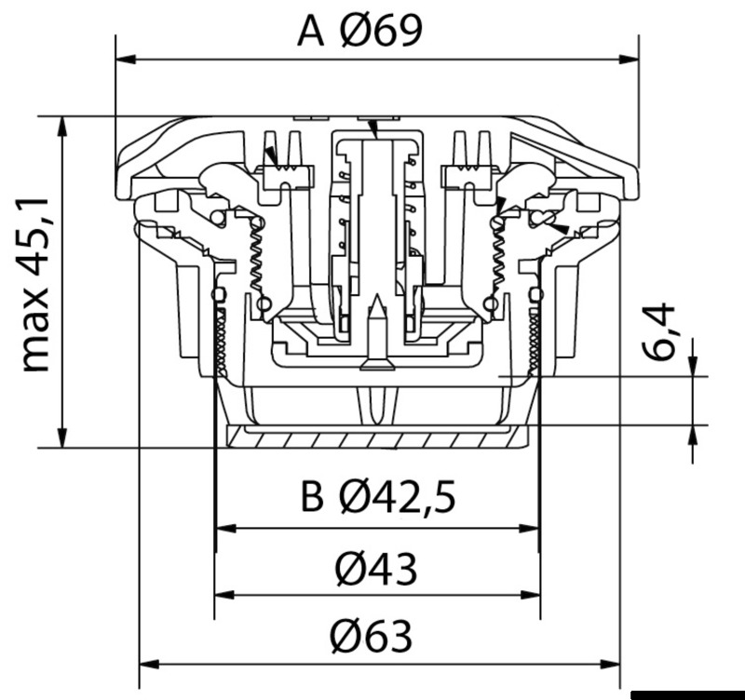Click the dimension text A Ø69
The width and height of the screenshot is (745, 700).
(359, 31)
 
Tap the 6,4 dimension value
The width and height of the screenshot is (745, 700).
(663, 332)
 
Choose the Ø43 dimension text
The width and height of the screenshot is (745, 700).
(376, 568)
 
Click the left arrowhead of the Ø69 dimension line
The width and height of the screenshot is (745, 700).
(123, 60)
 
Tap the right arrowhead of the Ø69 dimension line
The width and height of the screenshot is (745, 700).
(630, 60)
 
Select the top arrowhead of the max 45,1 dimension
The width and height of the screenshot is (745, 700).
(62, 125)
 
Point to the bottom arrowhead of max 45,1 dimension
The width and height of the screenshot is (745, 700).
(62, 439)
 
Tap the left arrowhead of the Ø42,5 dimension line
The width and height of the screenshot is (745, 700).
(224, 528)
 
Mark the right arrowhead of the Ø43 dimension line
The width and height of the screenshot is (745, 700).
(532, 595)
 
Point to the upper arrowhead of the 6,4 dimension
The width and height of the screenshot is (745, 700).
(693, 369)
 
